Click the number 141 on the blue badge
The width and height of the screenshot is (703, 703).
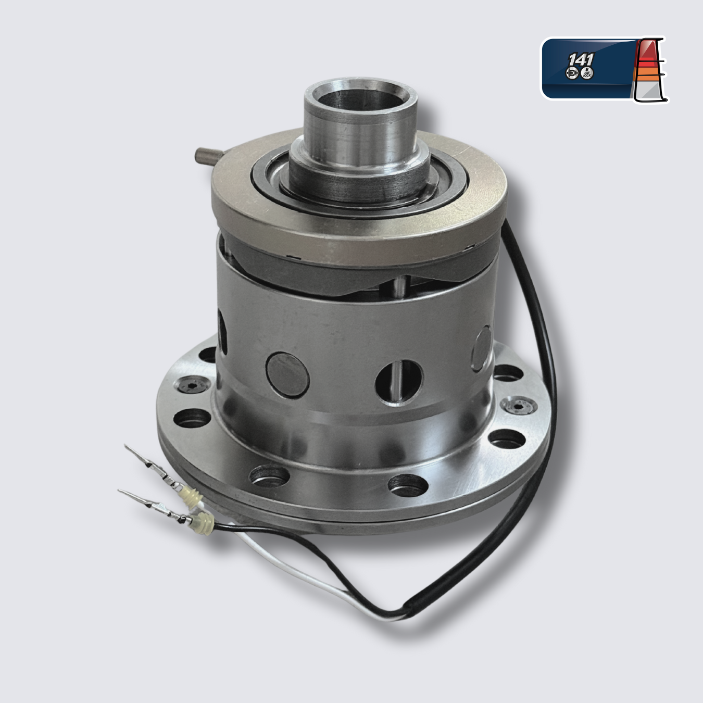[581, 59]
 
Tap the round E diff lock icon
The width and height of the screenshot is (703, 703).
[587, 73]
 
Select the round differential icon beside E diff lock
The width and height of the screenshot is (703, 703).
[573, 74]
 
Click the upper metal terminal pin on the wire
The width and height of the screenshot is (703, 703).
[146, 462]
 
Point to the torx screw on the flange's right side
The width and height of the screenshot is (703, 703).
[517, 405]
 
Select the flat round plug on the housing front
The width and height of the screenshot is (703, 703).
[287, 374]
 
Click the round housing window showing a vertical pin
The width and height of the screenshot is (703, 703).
[399, 382]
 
